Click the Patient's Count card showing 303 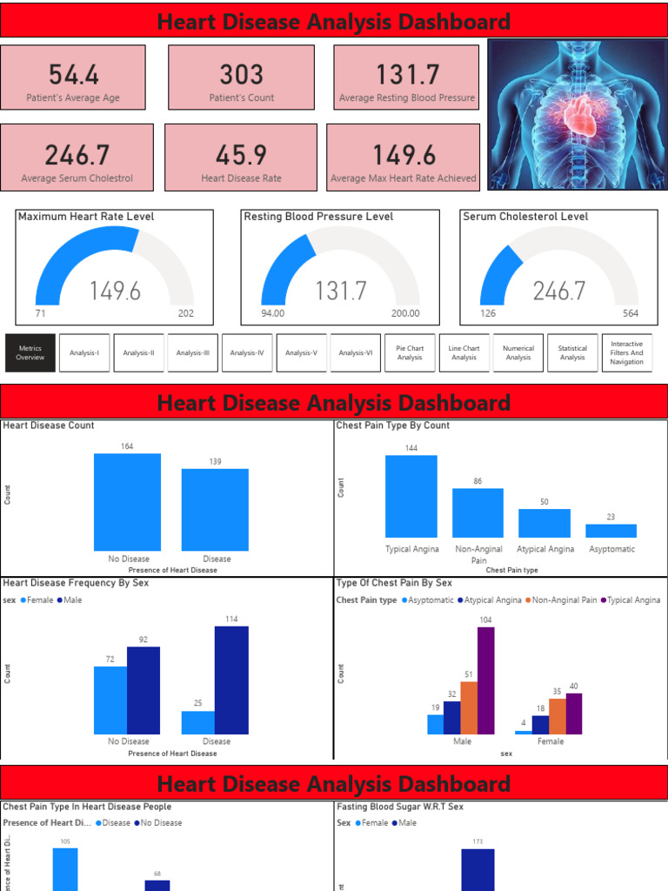[241, 77]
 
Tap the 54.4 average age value [73, 75]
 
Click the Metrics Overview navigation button [30, 352]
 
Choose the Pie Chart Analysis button [410, 352]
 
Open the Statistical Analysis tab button [572, 352]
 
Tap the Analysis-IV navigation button [247, 352]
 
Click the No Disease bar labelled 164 [127, 502]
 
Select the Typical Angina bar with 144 [411, 496]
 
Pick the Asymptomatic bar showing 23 [611, 530]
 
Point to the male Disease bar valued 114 [231, 680]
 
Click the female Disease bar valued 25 [198, 722]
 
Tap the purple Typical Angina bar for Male [486, 680]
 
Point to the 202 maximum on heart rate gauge [186, 313]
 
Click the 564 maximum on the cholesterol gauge [631, 313]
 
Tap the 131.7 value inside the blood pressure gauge [341, 291]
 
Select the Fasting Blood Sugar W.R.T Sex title [400, 807]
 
